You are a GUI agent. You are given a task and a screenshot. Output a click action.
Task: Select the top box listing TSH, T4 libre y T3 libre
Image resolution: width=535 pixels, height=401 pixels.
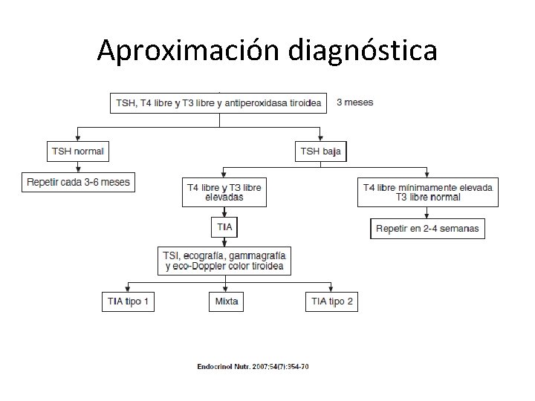coord(219,103)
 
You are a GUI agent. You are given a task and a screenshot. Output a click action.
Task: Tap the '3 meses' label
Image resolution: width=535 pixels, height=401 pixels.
coord(355,102)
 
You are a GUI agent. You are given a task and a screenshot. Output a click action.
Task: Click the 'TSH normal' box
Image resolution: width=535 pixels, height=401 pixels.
coord(78,151)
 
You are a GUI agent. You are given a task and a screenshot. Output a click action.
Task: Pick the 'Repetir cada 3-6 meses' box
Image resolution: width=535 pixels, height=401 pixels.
coord(78,182)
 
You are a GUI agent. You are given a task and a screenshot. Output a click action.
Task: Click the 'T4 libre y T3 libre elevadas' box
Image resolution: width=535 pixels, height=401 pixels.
coord(223,192)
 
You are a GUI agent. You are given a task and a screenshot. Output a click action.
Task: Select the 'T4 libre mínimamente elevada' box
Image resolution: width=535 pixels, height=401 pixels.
coord(428,192)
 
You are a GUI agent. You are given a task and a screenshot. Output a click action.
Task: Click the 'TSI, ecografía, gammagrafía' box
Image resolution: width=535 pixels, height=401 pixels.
coord(224,261)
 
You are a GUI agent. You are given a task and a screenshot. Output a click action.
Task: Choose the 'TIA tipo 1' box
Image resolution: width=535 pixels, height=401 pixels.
coord(128,301)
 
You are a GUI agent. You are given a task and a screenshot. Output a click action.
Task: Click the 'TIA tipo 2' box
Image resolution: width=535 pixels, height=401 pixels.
coord(332,301)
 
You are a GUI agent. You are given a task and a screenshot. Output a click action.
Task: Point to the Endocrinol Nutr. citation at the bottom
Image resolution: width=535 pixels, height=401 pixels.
coord(253,367)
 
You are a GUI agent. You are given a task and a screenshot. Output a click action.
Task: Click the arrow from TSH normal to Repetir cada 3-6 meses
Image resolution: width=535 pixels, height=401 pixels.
coord(78,167)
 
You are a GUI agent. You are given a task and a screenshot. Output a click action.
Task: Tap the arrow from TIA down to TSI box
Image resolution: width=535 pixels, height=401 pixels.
coord(224,241)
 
